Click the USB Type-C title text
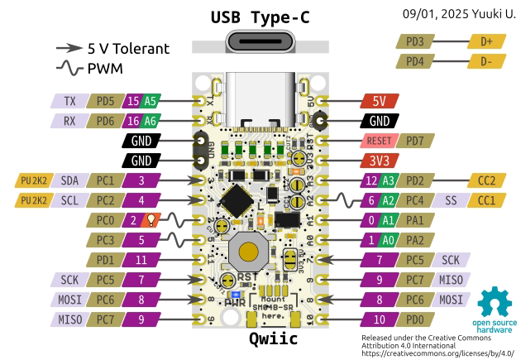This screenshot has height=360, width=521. tap(260, 17)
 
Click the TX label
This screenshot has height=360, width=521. tap(69, 101)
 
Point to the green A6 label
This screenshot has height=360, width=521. tap(149, 120)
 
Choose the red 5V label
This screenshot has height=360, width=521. tap(380, 101)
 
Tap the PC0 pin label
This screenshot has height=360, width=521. tap(105, 220)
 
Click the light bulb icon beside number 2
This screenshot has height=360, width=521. tap(151, 220)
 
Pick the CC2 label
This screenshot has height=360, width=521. tap(485, 180)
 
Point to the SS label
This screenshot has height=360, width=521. tap(450, 200)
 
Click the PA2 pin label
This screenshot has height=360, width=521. tap(415, 240)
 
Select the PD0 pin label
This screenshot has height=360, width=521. tap(415, 319)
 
